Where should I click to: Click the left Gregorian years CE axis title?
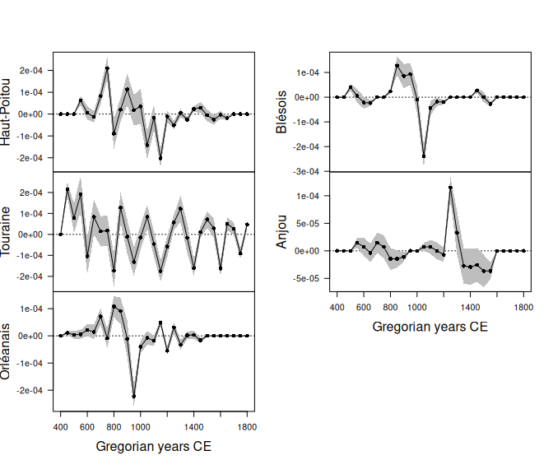click(x=153, y=448)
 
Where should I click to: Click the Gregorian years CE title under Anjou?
click(x=430, y=327)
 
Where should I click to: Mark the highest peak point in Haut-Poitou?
click(x=107, y=68)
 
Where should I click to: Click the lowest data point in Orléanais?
click(x=134, y=397)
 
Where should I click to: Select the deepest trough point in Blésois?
click(x=424, y=156)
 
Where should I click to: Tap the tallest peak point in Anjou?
click(x=450, y=188)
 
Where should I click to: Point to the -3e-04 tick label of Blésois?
click(x=306, y=172)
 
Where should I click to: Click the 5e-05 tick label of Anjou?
click(x=306, y=223)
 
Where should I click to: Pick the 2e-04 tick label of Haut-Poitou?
click(x=30, y=71)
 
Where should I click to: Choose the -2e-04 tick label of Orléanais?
click(x=30, y=390)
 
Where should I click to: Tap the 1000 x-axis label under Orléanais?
click(x=140, y=427)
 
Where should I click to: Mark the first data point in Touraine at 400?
click(x=61, y=235)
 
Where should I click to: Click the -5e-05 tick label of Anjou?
click(x=306, y=278)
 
